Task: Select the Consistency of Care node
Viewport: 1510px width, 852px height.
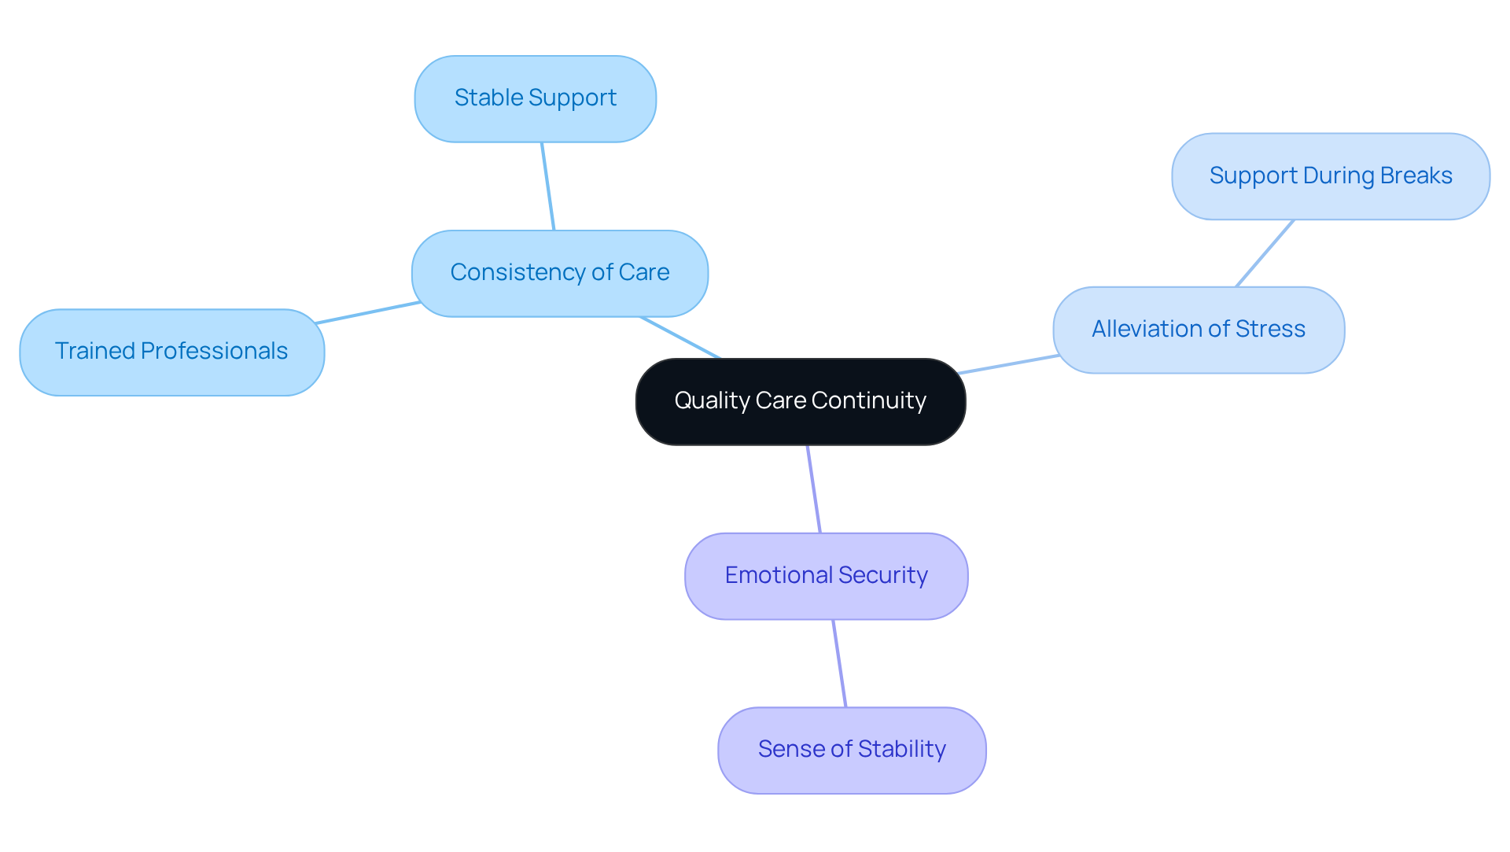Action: (559, 273)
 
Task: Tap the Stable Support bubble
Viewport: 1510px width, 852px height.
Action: (535, 98)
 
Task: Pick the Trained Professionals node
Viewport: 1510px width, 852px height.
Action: (171, 352)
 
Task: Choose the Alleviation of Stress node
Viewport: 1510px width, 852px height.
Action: (1198, 330)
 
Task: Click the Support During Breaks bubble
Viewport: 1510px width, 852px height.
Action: (1330, 176)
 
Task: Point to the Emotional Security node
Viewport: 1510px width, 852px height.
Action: (826, 576)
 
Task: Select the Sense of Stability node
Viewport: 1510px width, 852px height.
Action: (851, 750)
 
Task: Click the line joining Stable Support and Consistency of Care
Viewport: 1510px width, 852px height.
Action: (548, 186)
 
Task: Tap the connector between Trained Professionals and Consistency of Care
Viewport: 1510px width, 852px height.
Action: (367, 312)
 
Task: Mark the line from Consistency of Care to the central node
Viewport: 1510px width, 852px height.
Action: (681, 337)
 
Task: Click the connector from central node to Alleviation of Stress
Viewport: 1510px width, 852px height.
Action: (1009, 364)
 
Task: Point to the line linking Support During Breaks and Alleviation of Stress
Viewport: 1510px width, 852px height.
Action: (1265, 253)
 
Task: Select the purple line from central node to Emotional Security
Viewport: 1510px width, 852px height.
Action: (814, 489)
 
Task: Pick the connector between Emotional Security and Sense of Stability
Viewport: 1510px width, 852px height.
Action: (839, 663)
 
